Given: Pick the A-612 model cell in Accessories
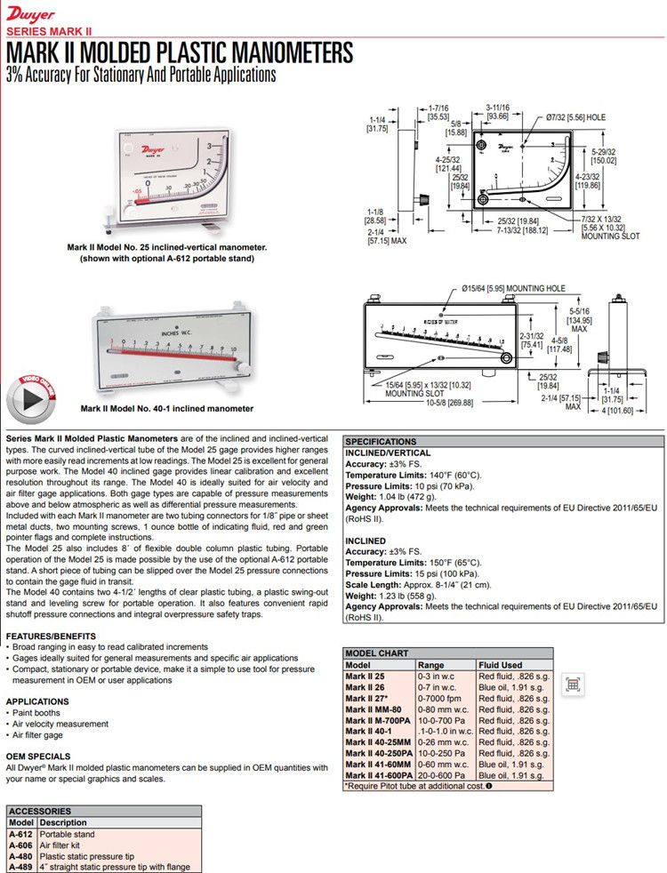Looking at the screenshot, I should [x=20, y=835].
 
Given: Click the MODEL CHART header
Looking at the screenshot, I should [x=376, y=653].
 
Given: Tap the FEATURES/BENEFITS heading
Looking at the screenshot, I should [x=50, y=637].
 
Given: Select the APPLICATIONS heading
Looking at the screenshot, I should [x=37, y=701].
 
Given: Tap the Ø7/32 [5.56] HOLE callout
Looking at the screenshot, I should [x=575, y=116].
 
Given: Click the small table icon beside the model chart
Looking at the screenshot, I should [x=573, y=685].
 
